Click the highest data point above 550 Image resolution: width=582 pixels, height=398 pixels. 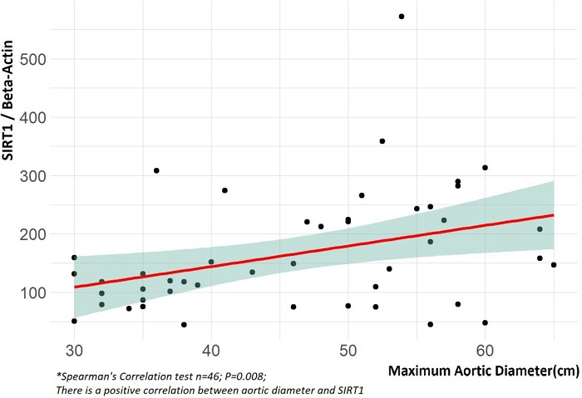(402, 17)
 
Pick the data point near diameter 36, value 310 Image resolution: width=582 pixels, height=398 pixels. (156, 170)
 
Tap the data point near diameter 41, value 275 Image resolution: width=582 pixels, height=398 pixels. (224, 190)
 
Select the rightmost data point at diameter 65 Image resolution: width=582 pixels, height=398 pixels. (554, 265)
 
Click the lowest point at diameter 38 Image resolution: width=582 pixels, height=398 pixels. (184, 324)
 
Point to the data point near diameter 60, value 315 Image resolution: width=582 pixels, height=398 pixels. (485, 168)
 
